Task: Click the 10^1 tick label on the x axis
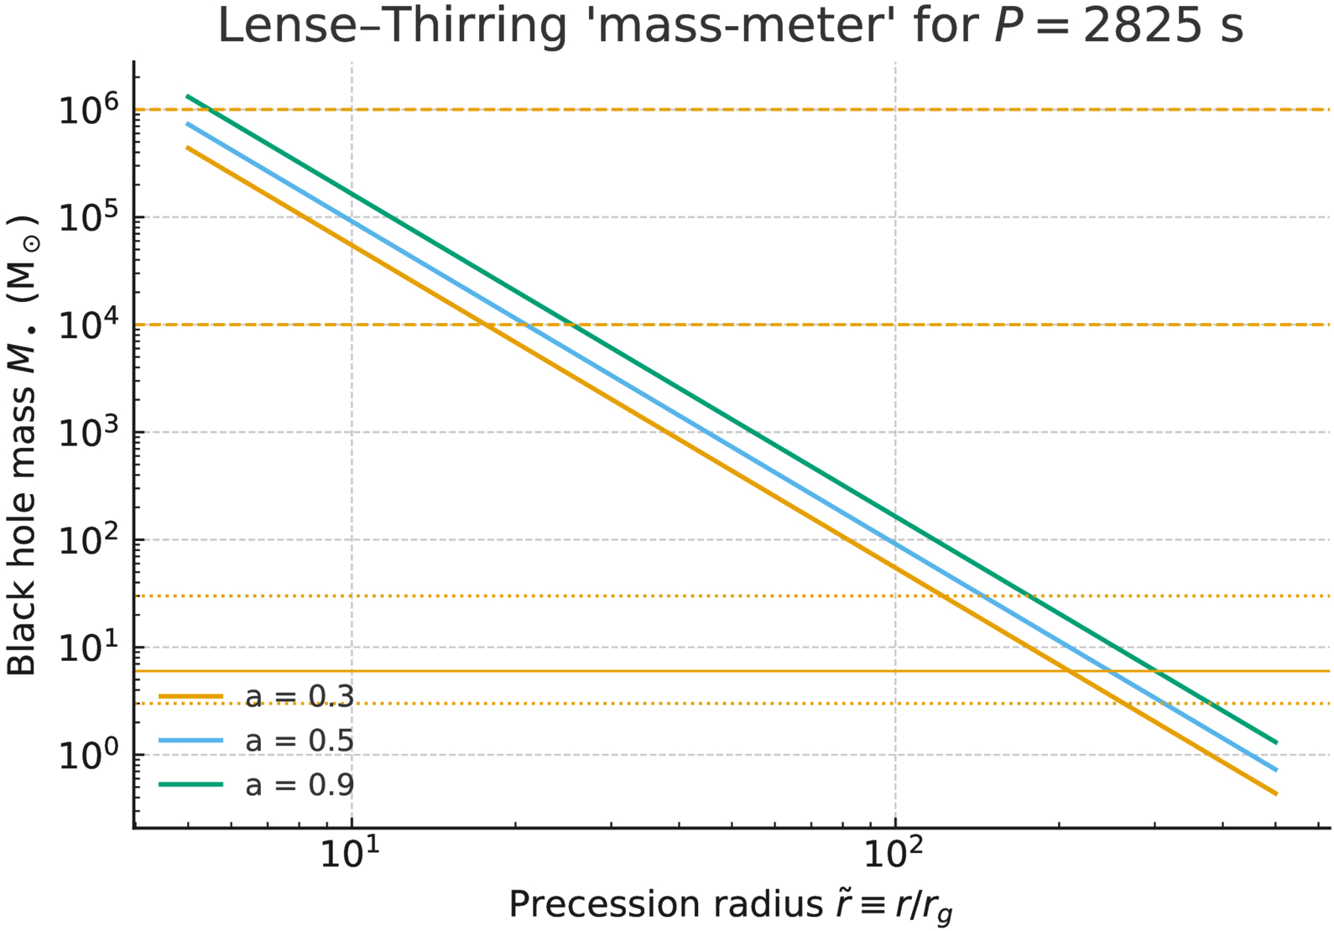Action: (351, 854)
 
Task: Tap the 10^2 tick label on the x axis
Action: (894, 854)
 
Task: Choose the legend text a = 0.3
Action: (300, 697)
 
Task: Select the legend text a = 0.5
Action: (300, 741)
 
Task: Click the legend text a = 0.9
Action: (300, 785)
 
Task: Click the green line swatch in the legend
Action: (191, 784)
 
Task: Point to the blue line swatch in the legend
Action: (191, 741)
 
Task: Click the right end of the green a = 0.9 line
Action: (1276, 742)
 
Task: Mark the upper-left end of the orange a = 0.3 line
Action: (188, 148)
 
